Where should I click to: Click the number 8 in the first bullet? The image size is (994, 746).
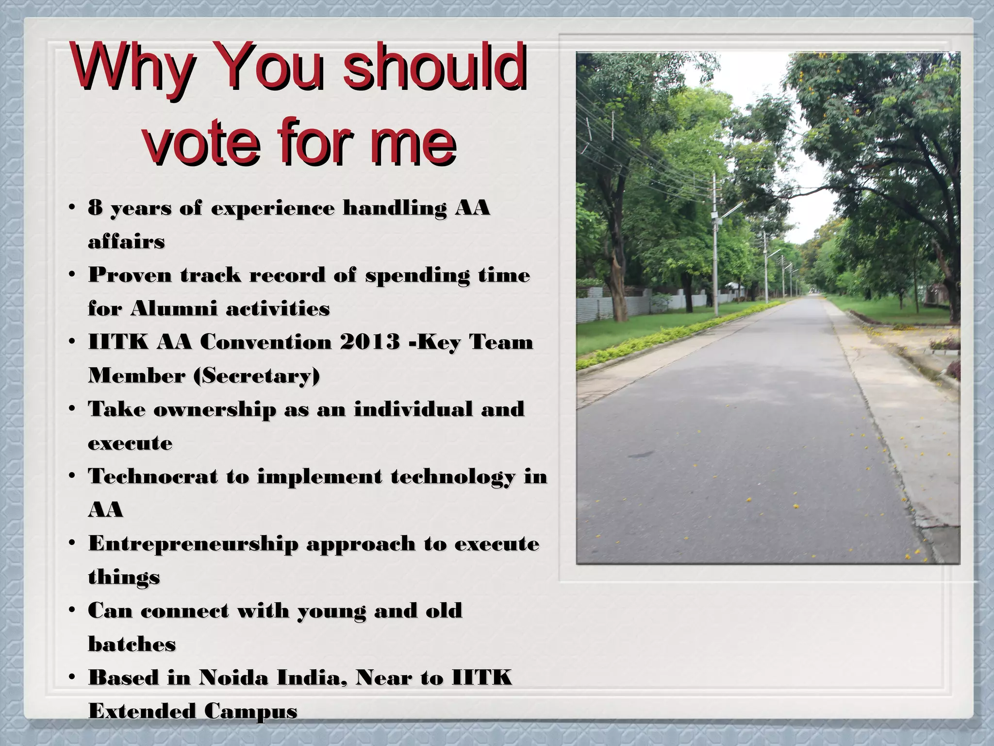pos(95,208)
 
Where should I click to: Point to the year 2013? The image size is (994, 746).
pos(370,342)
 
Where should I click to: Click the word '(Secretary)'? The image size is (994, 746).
pos(257,375)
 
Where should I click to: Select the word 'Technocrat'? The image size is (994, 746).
pos(153,476)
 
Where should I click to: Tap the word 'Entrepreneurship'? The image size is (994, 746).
pos(193,544)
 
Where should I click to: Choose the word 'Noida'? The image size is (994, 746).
pos(233,678)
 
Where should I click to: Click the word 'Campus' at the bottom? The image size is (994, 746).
pos(250,711)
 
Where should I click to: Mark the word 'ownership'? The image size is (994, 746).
pos(215,409)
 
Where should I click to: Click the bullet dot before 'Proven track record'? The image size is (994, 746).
pos(72,275)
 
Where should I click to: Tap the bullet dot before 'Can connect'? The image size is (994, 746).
pos(72,610)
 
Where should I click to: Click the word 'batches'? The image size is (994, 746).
pos(132,644)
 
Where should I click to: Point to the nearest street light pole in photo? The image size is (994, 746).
pos(714,248)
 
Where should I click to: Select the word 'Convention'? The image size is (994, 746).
pos(265,342)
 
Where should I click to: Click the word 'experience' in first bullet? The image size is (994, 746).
pos(272,208)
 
